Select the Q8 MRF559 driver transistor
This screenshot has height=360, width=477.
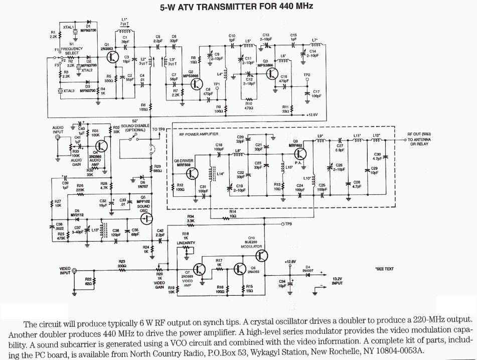[192, 173]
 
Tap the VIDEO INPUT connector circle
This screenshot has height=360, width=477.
[74, 271]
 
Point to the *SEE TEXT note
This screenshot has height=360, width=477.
[384, 269]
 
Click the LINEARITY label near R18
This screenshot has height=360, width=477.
[186, 243]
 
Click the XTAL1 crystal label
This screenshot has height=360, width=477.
[68, 27]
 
